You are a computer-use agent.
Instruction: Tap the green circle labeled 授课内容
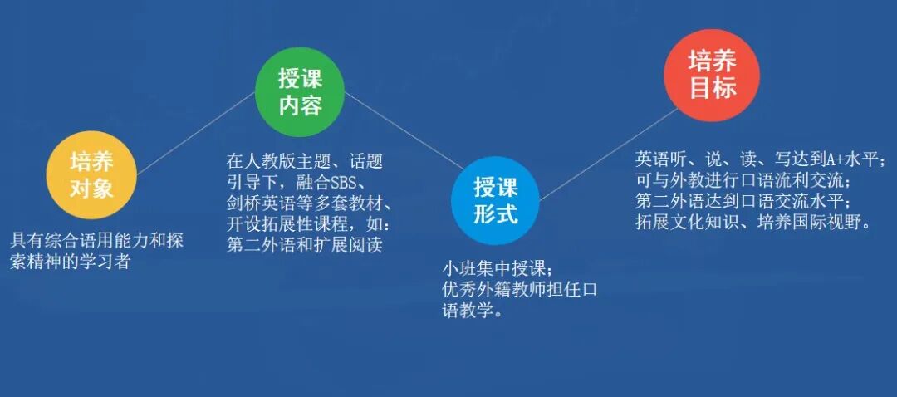(x=300, y=92)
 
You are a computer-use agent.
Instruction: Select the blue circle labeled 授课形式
(x=496, y=200)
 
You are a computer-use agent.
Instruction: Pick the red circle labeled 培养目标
(x=713, y=74)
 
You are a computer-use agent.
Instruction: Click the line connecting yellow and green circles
(x=194, y=133)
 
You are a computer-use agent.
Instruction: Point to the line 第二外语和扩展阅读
(x=304, y=246)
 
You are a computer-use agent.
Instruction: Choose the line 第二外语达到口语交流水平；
(x=745, y=201)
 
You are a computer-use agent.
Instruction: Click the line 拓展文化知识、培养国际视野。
(x=754, y=222)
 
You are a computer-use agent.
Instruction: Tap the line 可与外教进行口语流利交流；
(x=745, y=179)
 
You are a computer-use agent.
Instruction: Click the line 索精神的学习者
(x=71, y=262)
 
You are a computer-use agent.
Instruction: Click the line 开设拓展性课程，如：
(x=308, y=225)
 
